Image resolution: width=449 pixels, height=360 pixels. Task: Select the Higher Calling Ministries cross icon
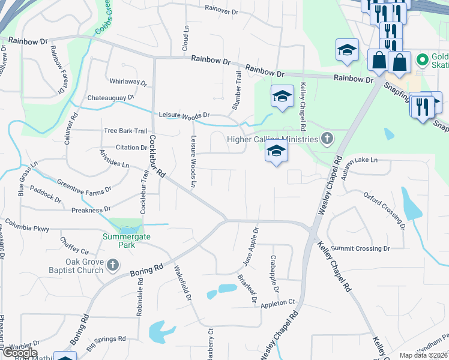click(327, 140)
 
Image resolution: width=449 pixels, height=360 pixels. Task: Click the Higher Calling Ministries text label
click(271, 140)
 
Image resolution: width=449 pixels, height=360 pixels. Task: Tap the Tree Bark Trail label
click(125, 131)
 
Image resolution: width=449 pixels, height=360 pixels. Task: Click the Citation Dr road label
click(131, 148)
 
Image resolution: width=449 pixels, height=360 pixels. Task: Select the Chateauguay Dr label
click(111, 97)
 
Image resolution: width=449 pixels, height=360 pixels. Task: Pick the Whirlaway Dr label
click(128, 82)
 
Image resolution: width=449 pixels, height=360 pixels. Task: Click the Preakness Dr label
click(91, 210)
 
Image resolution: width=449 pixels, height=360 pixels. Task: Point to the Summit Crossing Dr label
click(361, 248)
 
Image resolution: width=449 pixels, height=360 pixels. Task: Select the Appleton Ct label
click(279, 303)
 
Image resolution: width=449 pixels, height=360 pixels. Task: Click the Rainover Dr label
click(222, 8)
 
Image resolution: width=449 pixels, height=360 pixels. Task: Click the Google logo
click(20, 353)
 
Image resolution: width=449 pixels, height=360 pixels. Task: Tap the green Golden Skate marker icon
click(422, 59)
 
